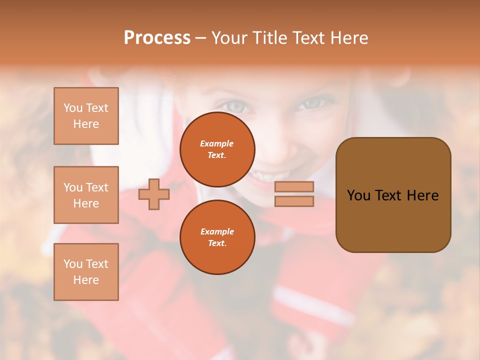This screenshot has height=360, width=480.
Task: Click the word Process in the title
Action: [157, 38]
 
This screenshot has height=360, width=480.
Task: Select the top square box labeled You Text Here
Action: [86, 116]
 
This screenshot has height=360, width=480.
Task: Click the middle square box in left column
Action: [86, 195]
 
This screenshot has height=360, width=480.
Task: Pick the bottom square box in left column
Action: [86, 272]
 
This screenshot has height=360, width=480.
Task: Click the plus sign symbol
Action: [154, 194]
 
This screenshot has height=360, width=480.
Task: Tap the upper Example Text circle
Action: [217, 149]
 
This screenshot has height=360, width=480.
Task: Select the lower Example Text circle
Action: [217, 237]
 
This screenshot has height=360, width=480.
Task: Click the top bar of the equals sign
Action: [294, 186]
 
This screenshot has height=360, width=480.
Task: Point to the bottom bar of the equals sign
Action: [294, 201]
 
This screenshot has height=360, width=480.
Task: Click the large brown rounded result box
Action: [393, 195]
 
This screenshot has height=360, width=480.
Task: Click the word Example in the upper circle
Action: [216, 143]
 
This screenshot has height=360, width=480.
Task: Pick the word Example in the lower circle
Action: [217, 231]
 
